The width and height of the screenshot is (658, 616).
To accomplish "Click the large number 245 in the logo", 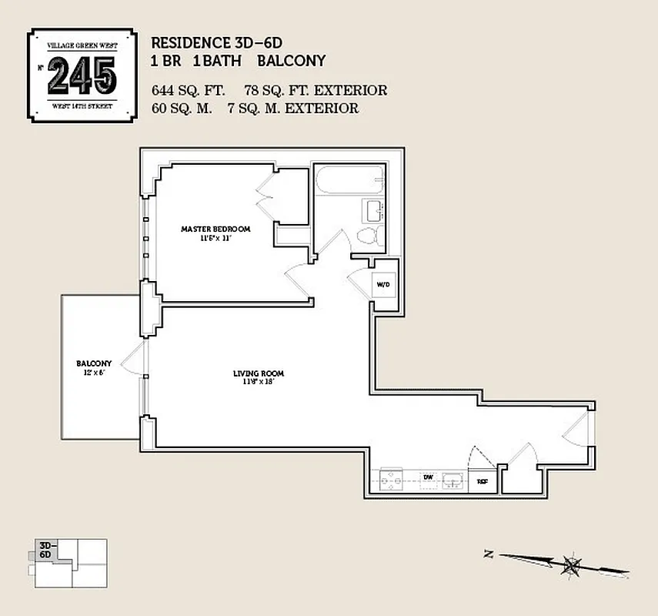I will (x=82, y=75).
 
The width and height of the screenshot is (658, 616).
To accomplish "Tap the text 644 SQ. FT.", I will (x=188, y=90).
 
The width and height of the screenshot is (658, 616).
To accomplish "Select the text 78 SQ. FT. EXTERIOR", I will (x=316, y=90).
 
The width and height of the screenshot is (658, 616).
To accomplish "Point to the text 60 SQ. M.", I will (x=182, y=109).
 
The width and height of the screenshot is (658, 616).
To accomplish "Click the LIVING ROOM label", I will (x=253, y=374).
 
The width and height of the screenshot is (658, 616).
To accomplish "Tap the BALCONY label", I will (x=94, y=363).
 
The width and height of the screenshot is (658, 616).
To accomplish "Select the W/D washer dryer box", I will (x=383, y=284).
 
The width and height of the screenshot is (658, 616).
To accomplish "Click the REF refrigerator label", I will (x=483, y=481).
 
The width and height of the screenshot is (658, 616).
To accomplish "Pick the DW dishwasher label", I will (x=428, y=477).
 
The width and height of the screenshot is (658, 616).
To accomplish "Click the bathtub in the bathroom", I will (x=349, y=182).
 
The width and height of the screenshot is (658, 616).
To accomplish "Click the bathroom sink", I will (x=373, y=209).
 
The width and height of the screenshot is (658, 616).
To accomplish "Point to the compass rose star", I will (x=571, y=566).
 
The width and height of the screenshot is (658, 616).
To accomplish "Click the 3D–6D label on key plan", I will (x=45, y=549).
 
